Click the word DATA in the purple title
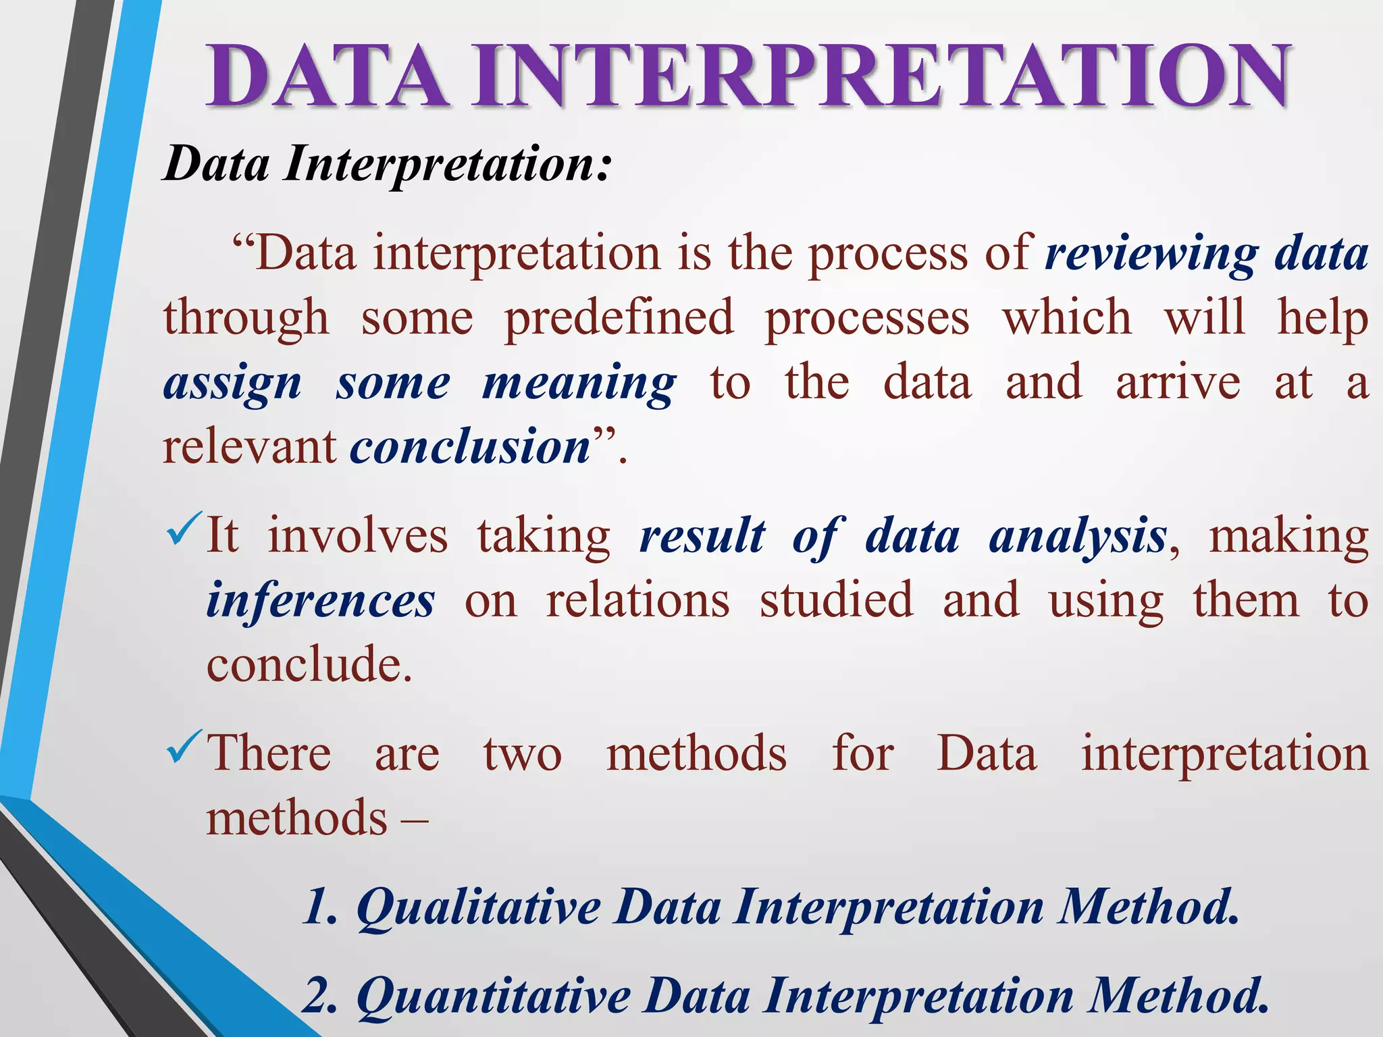(326, 76)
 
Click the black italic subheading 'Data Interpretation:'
(388, 164)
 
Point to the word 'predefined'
(619, 317)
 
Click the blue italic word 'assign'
(232, 384)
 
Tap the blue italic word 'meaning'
(579, 384)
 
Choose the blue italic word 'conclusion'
(471, 447)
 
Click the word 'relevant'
(249, 447)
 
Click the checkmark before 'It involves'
(183, 530)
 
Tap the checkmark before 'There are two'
(183, 747)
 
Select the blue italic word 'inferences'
(320, 601)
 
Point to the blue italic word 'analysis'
(1078, 537)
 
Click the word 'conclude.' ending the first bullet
(309, 664)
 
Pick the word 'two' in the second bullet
(522, 753)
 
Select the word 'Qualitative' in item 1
(478, 907)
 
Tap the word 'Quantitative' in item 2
(493, 995)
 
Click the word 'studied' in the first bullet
(836, 600)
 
